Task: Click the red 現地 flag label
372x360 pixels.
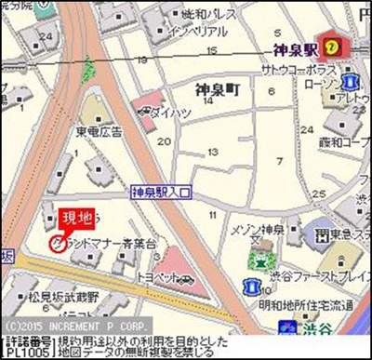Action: point(77,219)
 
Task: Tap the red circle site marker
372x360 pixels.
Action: point(56,244)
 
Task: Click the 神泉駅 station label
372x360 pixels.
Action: point(299,52)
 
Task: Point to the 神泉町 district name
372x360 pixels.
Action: point(219,89)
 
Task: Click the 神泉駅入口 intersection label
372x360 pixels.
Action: point(160,193)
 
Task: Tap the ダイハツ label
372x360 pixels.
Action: point(171,113)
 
